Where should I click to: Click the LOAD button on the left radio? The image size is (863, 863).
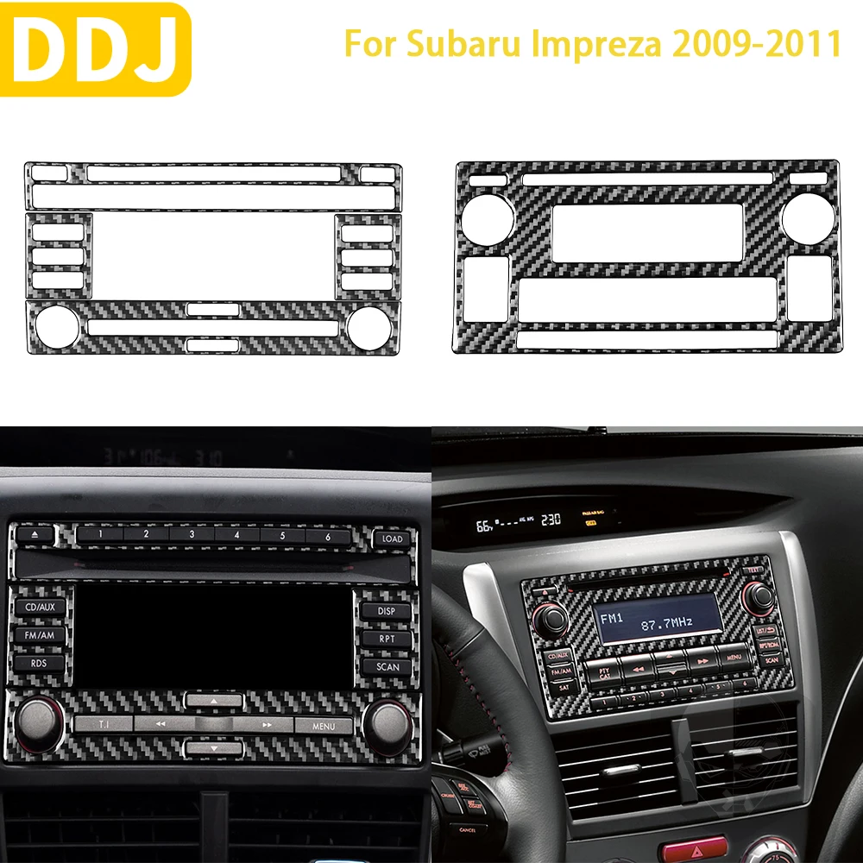click(391, 539)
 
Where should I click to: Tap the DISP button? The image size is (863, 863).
click(387, 610)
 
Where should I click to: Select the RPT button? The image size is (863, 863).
click(387, 639)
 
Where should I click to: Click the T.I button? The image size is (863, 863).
click(104, 725)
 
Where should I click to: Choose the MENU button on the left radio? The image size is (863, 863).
click(324, 726)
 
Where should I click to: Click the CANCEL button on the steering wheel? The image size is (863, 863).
click(467, 830)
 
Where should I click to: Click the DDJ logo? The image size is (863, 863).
click(94, 48)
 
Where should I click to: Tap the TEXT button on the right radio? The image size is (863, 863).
click(753, 570)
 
